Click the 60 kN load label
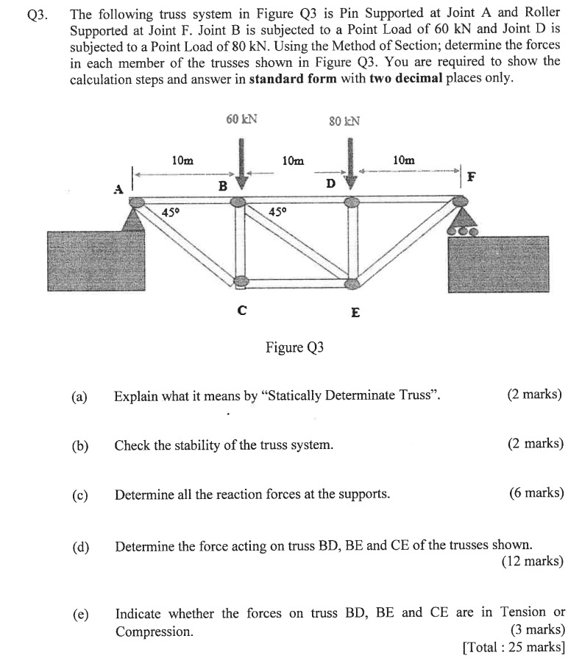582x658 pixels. tap(241, 119)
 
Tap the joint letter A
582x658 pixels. tap(117, 189)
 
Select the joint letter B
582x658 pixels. tap(221, 186)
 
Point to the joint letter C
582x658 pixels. tap(241, 310)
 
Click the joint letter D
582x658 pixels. tap(330, 183)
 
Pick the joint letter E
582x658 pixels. tap(355, 312)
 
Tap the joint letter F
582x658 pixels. tap(472, 177)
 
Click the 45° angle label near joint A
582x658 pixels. tap(171, 213)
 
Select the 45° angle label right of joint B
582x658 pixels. tap(277, 212)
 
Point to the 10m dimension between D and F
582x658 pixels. tap(403, 160)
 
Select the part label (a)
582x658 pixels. tap(79, 396)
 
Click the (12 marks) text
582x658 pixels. tap(532, 562)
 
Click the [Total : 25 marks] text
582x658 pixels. tap(514, 648)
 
